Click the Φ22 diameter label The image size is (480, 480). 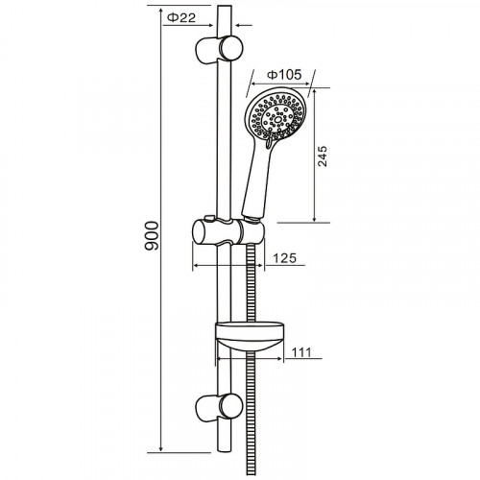point(181,17)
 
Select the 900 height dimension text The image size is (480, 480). point(152,235)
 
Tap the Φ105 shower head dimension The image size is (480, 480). point(284,75)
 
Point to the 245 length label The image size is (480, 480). point(323,156)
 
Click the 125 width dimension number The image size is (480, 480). point(285,258)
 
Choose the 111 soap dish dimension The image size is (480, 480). point(301,352)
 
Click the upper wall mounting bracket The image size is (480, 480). point(219,49)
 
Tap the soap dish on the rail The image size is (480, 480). point(251,336)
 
